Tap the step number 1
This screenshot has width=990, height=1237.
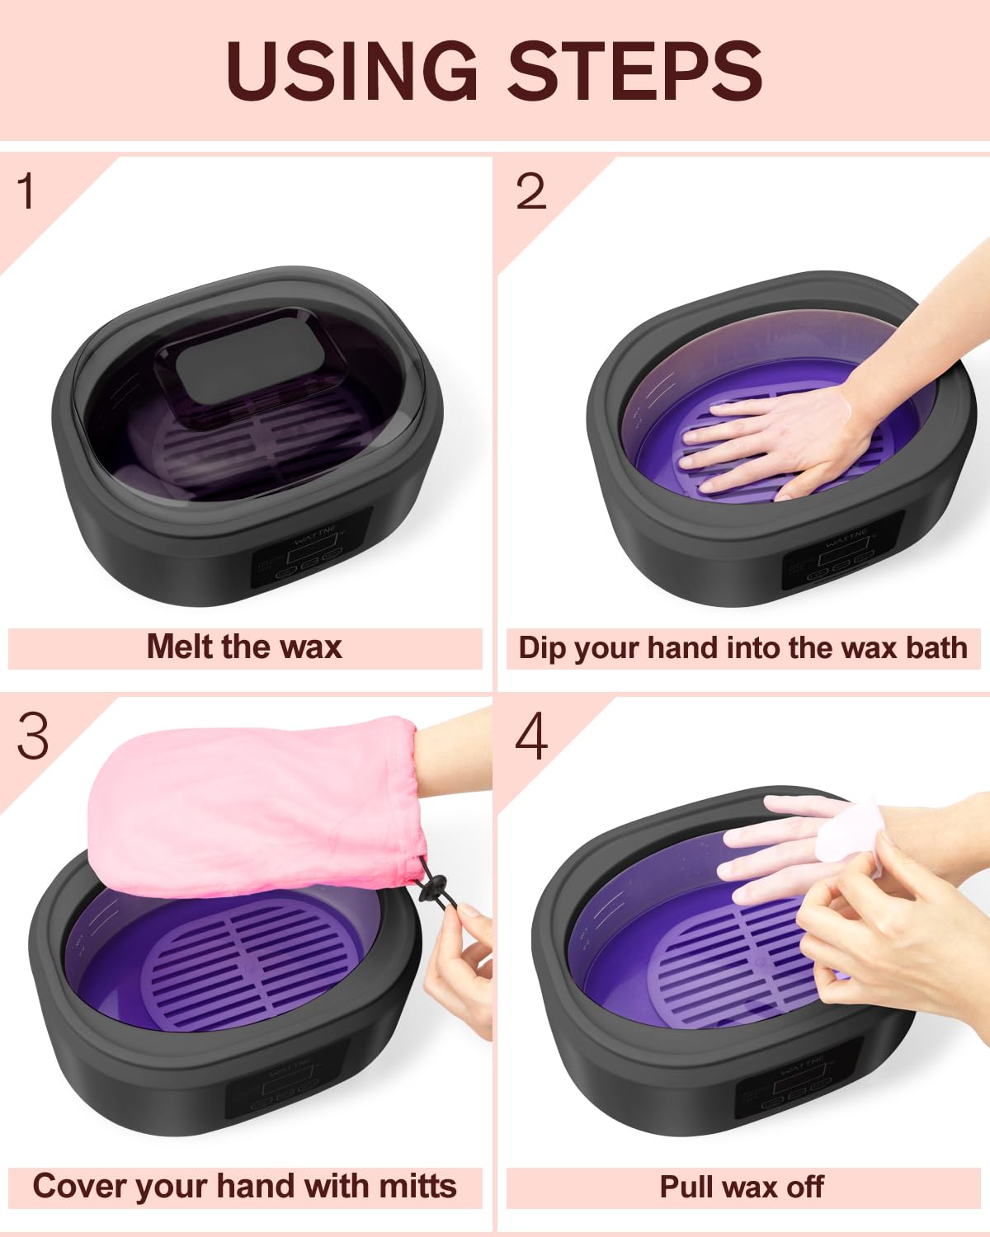[x=26, y=191]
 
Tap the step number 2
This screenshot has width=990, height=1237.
[x=530, y=192]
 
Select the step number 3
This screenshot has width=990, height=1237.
[x=33, y=736]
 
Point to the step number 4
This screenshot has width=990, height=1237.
[x=530, y=736]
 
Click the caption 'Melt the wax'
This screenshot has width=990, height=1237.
[x=244, y=647]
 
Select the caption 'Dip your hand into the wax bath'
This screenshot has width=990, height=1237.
[x=742, y=648]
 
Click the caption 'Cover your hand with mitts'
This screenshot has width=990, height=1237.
[x=244, y=1187]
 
